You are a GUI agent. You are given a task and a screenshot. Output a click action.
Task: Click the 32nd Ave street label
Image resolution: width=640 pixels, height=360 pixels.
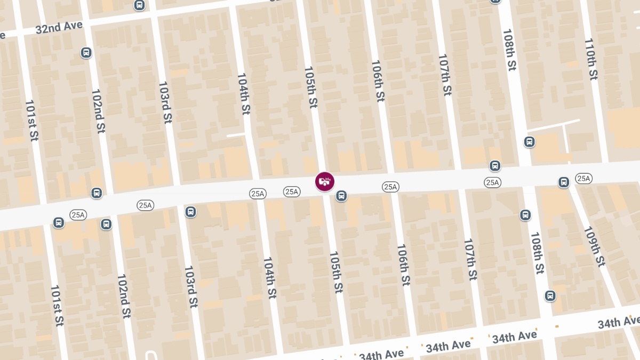click(59, 27)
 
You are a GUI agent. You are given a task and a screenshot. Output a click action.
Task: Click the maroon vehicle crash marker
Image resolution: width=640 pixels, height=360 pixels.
click(324, 181)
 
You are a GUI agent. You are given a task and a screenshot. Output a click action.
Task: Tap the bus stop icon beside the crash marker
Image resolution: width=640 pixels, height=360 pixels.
click(341, 196)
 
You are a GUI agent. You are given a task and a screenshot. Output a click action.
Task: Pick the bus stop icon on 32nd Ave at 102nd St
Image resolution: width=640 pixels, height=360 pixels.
click(86, 53)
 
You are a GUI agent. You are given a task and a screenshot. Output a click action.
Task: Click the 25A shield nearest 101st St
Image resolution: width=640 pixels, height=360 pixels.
click(78, 215)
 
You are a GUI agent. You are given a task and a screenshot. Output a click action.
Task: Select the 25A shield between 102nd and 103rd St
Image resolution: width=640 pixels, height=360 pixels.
click(145, 205)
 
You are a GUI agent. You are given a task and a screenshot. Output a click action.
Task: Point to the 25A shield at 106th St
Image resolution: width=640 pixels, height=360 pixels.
click(390, 187)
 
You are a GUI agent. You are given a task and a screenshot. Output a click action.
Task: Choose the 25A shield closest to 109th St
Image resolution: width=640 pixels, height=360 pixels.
click(583, 178)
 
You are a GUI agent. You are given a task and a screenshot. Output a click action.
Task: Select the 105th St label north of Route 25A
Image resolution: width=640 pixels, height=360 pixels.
click(310, 87)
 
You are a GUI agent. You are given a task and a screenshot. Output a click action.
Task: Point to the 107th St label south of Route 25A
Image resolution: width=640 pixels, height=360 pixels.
click(469, 259)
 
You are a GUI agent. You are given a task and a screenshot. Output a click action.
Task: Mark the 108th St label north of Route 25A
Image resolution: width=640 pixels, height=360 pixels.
click(510, 50)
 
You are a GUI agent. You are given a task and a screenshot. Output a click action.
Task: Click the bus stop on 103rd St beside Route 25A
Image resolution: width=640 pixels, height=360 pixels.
click(190, 212)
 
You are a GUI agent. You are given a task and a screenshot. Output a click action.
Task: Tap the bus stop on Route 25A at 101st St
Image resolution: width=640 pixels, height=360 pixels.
click(59, 222)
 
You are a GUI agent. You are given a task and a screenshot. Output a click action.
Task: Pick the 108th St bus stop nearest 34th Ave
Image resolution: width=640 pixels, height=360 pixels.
click(550, 295)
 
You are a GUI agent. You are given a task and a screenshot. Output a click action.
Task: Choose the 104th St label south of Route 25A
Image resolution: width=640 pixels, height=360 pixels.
click(270, 277)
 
